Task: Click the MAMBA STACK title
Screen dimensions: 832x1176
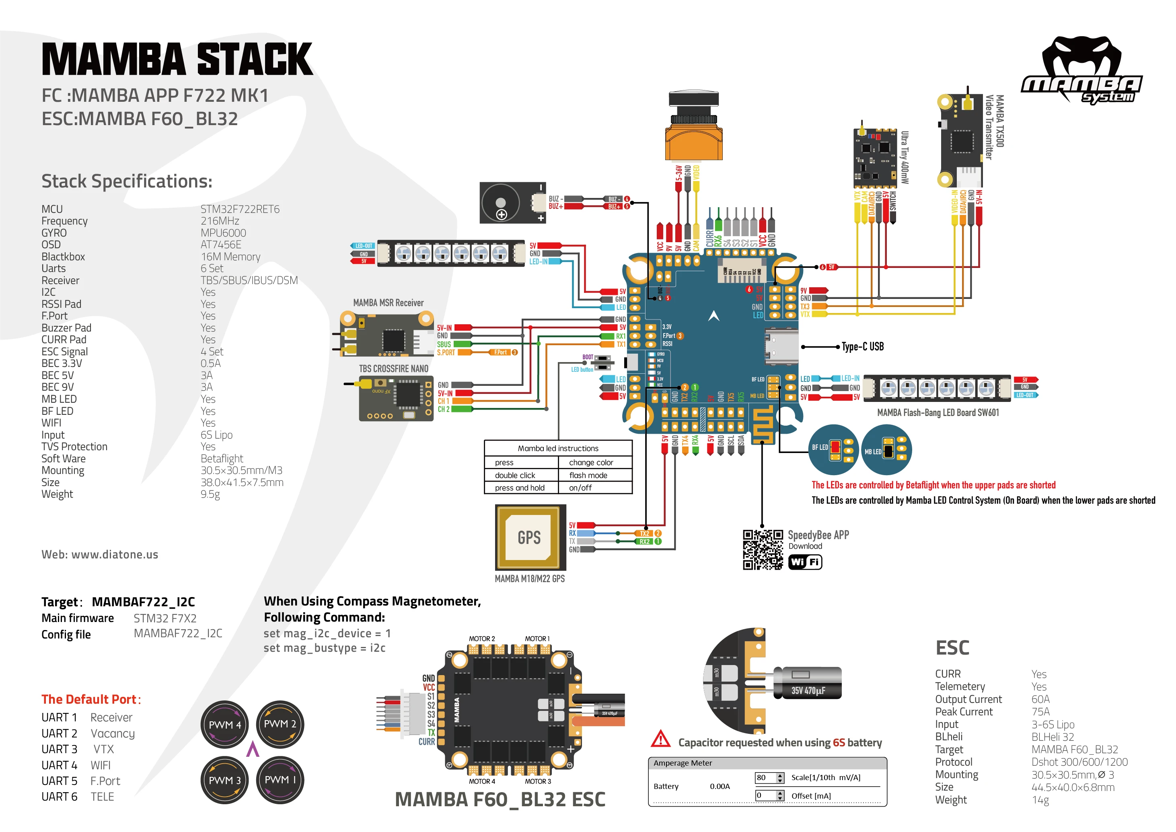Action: click(177, 60)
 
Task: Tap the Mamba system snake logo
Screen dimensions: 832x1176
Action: click(1081, 69)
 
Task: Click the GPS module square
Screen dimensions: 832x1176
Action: click(530, 538)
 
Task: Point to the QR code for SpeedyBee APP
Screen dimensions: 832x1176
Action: click(763, 550)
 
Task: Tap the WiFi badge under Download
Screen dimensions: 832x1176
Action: click(805, 562)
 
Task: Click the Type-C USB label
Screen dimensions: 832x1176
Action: click(863, 347)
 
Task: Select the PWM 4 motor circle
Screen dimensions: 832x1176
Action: click(224, 725)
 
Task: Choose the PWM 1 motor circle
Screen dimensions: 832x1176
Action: click(280, 780)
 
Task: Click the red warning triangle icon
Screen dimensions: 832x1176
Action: click(661, 739)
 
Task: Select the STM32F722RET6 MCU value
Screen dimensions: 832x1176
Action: click(240, 209)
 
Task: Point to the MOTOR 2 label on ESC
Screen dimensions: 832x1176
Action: click(481, 639)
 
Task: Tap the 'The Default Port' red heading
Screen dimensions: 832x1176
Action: click(90, 699)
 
